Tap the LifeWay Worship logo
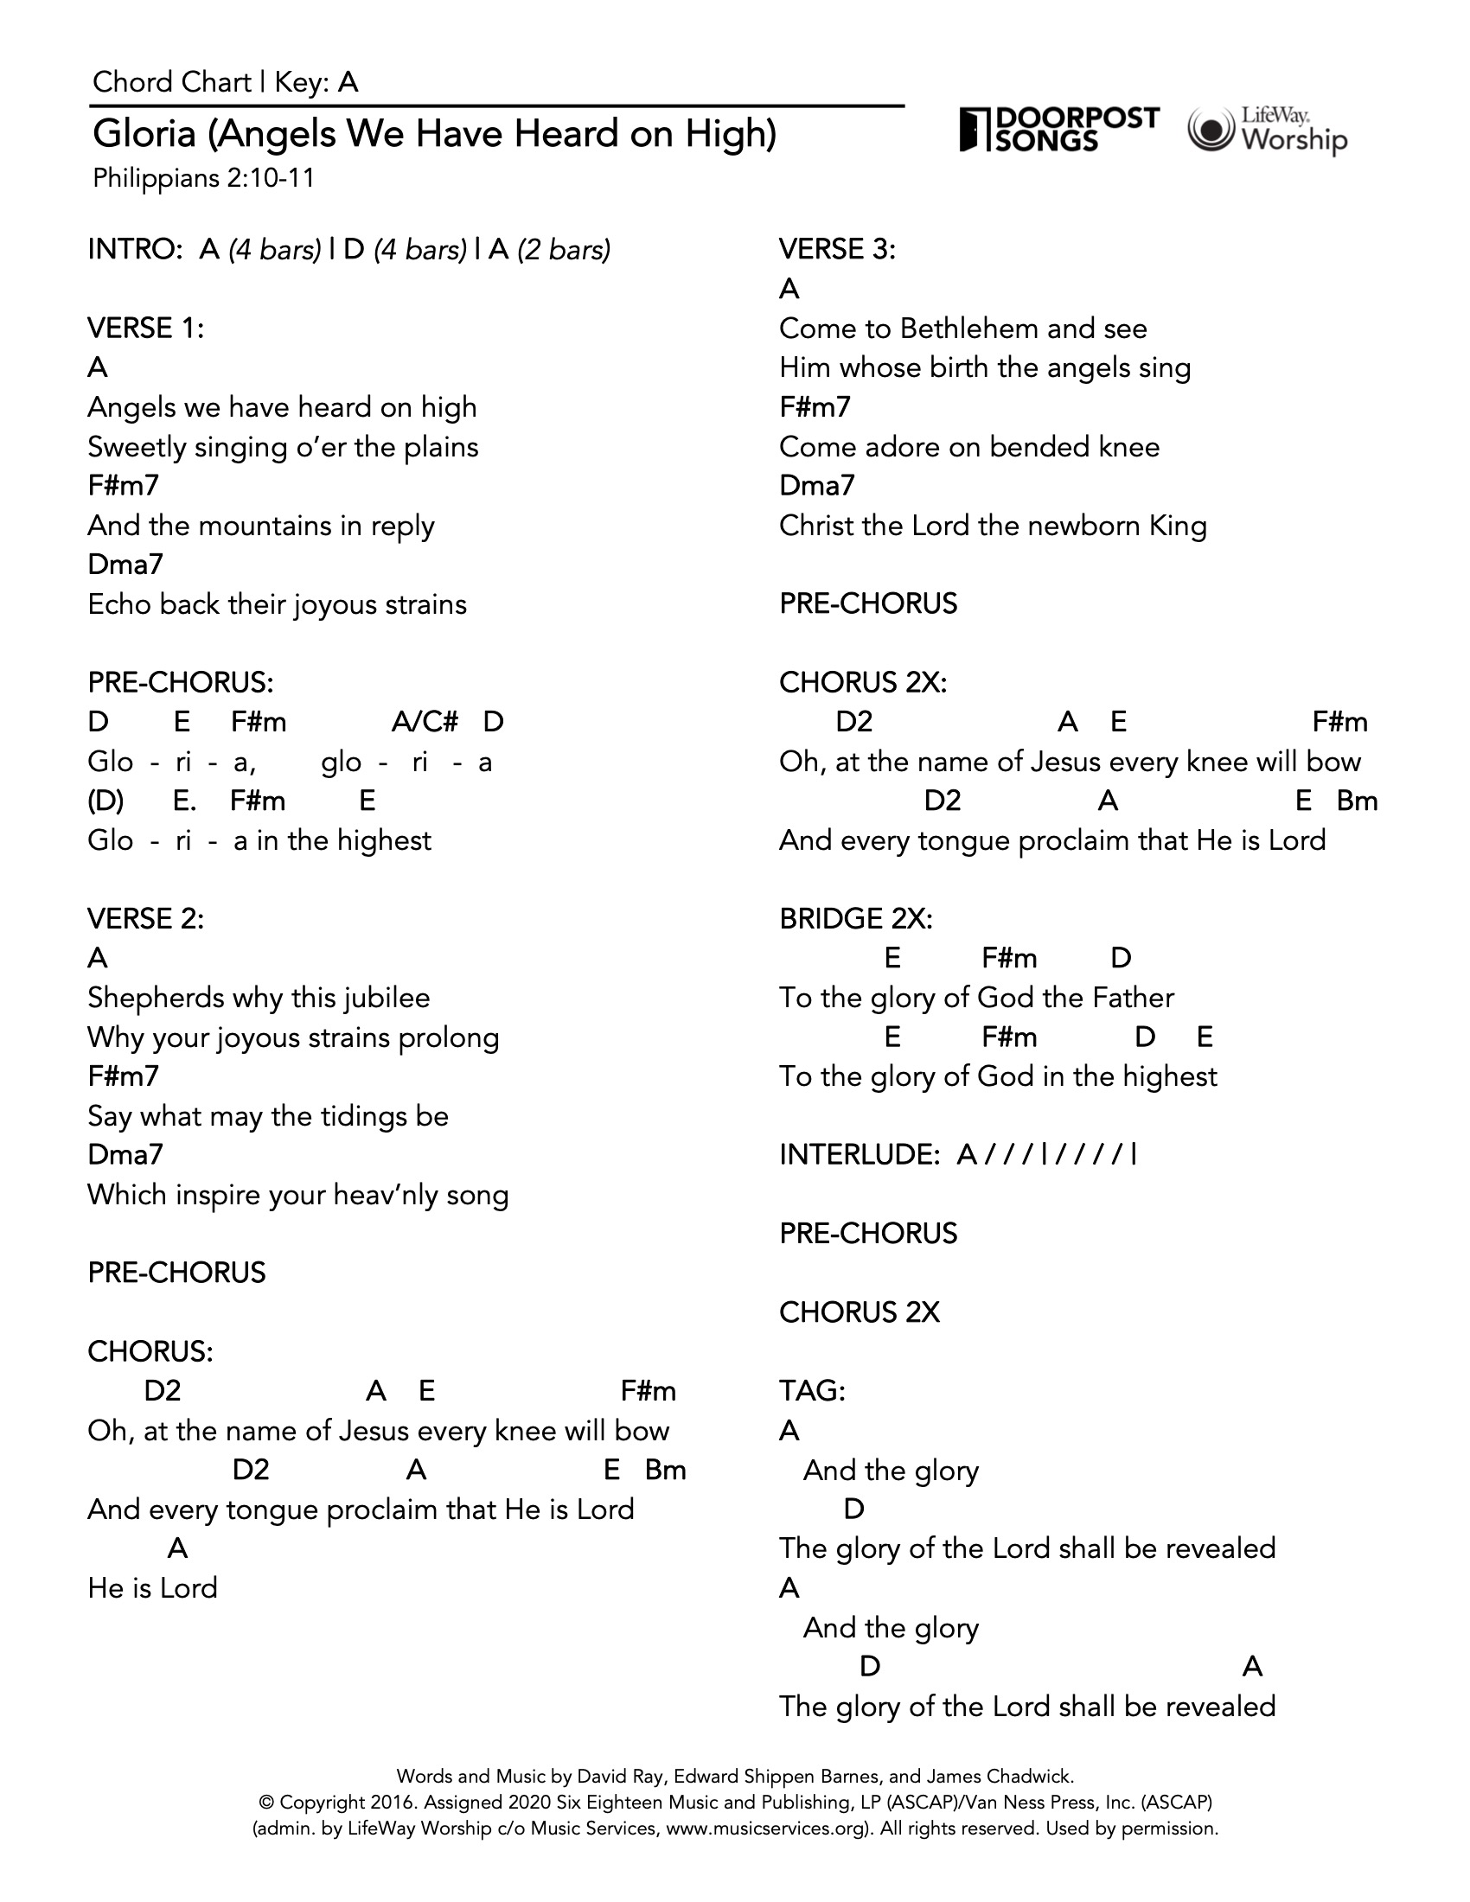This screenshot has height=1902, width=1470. [1267, 131]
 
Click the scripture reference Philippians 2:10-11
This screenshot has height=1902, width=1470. [204, 179]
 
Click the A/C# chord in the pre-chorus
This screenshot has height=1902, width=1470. [425, 722]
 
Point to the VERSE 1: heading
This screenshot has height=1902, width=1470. [145, 329]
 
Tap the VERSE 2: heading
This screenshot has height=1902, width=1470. [145, 919]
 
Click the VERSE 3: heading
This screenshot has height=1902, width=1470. [837, 250]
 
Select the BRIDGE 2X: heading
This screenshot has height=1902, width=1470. [855, 919]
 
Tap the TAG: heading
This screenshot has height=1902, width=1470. [812, 1391]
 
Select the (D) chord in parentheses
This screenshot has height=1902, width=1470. [105, 801]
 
